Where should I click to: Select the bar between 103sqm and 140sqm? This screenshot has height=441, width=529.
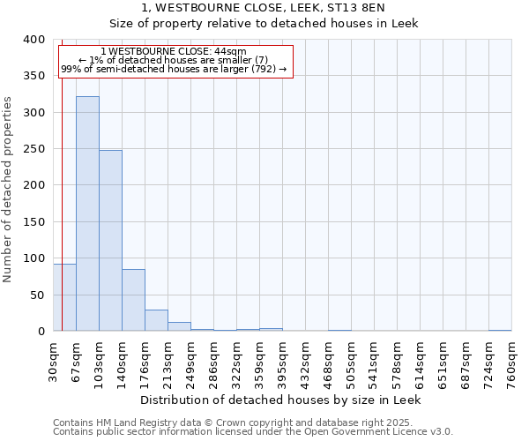click(x=110, y=240)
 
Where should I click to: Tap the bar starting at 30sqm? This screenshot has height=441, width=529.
click(x=64, y=297)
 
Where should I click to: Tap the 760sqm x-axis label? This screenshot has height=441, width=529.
click(x=511, y=362)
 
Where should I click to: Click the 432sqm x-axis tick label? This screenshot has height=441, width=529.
click(x=305, y=362)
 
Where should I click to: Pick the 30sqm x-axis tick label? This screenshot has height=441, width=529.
click(x=53, y=360)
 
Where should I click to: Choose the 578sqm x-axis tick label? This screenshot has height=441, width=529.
click(x=397, y=362)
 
